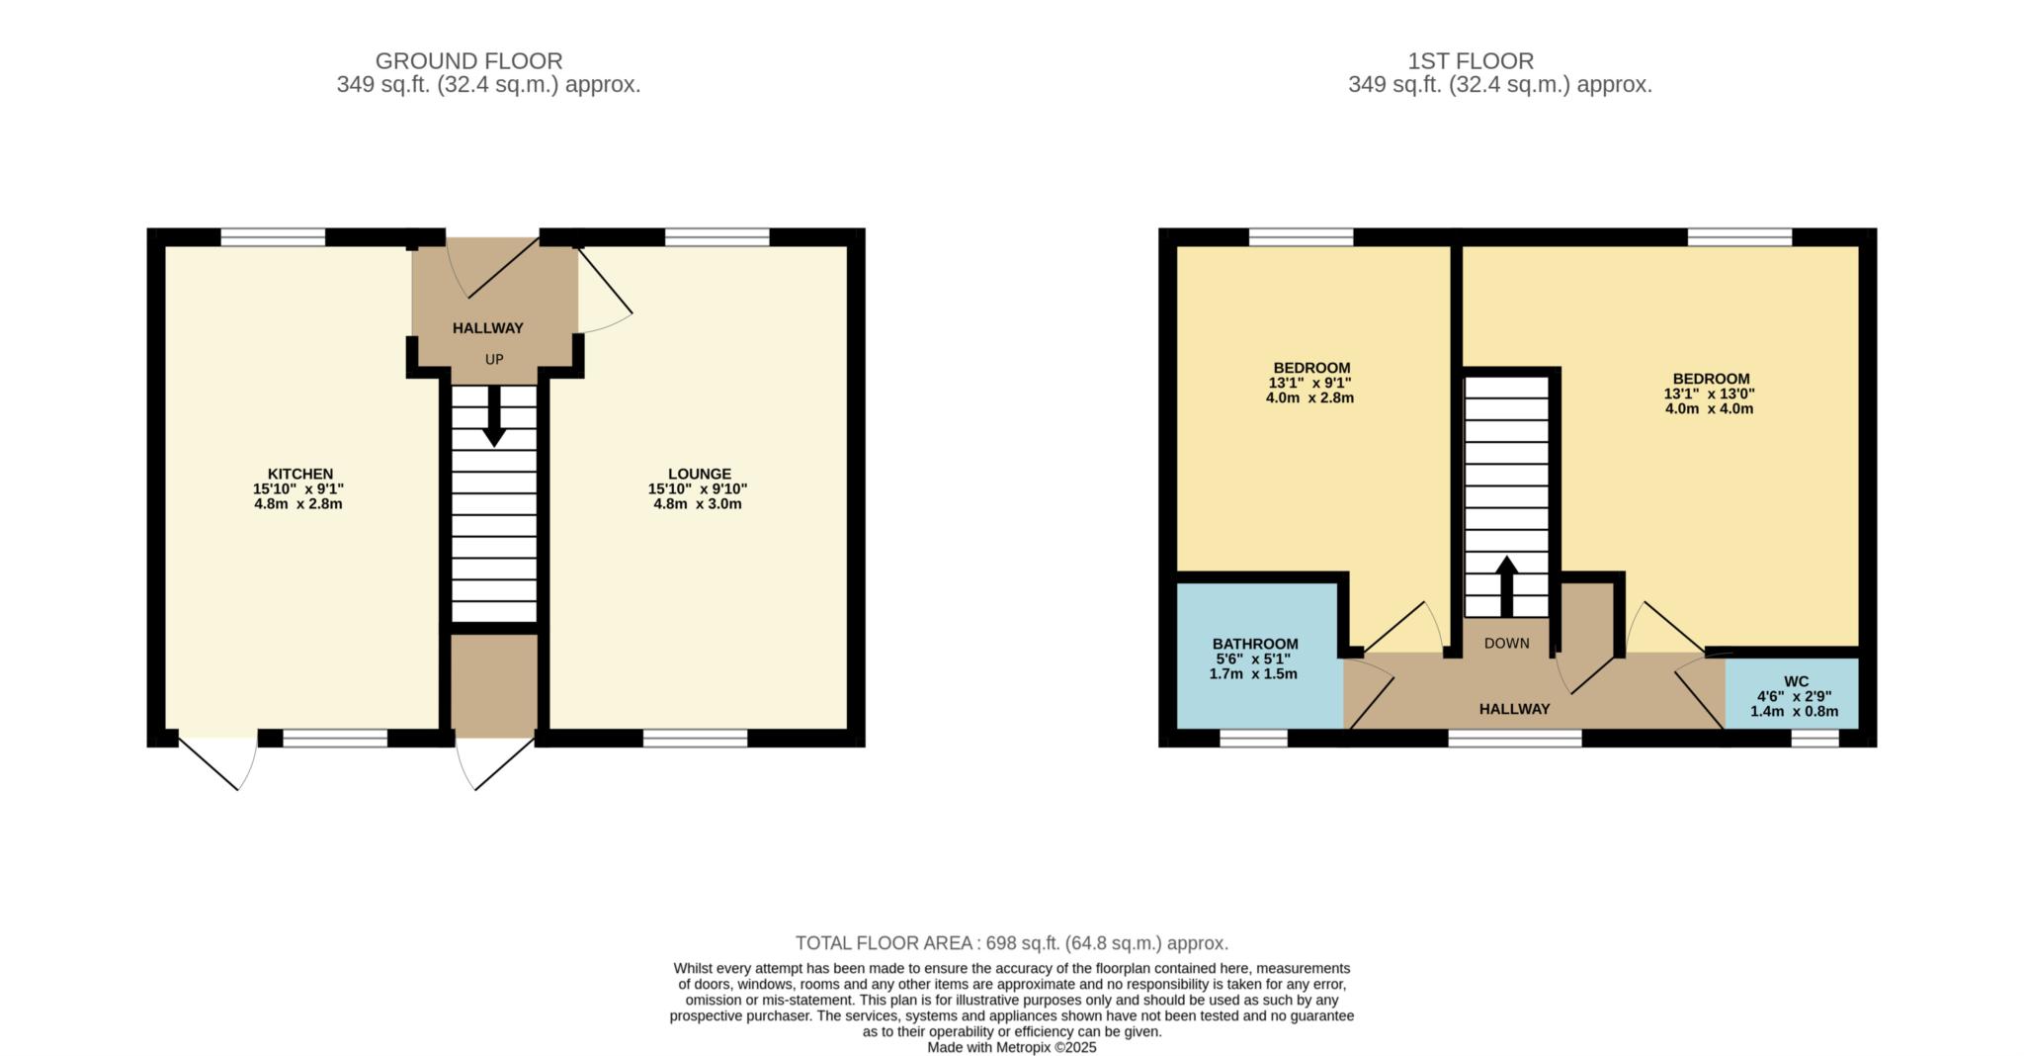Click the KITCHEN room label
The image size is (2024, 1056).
(300, 474)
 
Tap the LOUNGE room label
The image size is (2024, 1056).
(699, 474)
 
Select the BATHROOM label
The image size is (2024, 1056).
(1255, 644)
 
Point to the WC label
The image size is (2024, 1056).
(1796, 681)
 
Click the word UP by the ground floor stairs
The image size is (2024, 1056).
(494, 359)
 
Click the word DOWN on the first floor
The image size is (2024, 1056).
(1506, 643)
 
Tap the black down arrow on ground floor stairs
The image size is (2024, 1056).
(494, 415)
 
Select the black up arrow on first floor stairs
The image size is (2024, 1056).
(1506, 586)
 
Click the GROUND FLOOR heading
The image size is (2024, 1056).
(468, 61)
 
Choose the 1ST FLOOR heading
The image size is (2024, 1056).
(1471, 61)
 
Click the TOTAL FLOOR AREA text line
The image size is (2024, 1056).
(1012, 942)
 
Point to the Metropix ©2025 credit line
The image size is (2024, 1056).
(1012, 1047)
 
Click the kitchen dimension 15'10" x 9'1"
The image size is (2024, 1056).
(298, 488)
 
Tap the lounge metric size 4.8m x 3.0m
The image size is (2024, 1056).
(698, 503)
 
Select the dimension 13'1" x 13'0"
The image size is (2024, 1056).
(1710, 394)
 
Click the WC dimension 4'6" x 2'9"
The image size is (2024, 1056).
(1796, 696)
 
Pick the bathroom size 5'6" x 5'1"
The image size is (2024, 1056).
(1253, 659)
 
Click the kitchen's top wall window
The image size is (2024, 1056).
(273, 237)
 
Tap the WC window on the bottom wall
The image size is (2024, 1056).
(1815, 738)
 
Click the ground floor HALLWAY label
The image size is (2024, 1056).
(488, 328)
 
